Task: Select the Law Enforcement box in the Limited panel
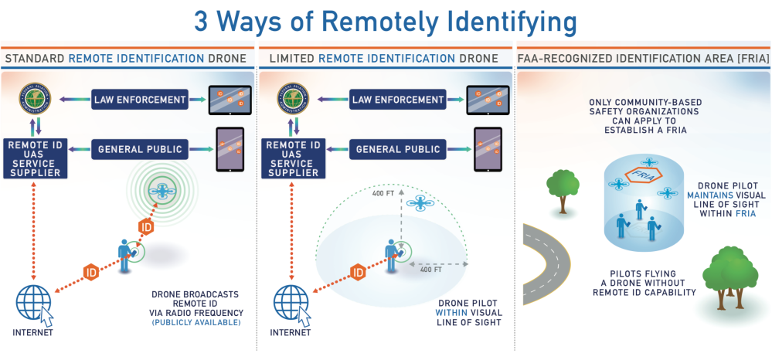[x=397, y=100]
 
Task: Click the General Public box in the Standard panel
[x=140, y=149]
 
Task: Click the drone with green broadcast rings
[x=164, y=191]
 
